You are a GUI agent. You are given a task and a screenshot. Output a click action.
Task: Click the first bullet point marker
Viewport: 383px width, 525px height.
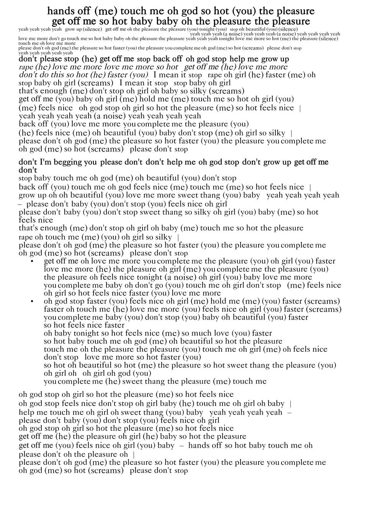(32, 261)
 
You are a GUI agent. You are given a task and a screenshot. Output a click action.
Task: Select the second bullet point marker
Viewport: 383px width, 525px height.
(32, 302)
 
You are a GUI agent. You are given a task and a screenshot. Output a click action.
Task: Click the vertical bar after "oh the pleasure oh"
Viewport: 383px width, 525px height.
(133, 455)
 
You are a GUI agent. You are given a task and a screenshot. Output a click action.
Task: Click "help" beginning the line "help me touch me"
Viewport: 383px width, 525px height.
(26, 412)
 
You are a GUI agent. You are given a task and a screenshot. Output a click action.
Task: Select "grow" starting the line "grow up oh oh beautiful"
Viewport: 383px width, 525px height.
(27, 196)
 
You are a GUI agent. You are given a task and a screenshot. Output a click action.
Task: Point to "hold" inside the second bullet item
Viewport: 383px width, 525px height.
(218, 302)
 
